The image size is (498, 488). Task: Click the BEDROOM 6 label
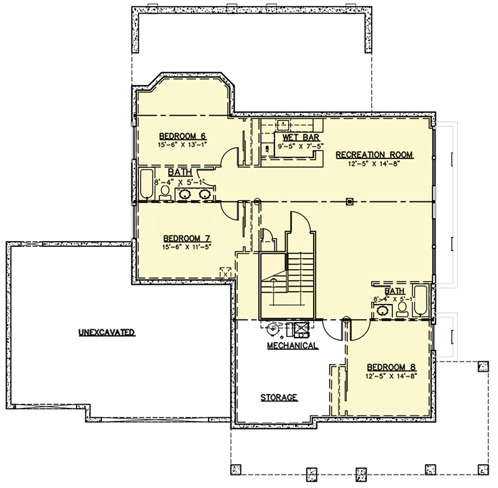pyautogui.click(x=182, y=136)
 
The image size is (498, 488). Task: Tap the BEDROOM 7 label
pyautogui.click(x=186, y=238)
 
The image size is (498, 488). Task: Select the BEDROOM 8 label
pyautogui.click(x=390, y=367)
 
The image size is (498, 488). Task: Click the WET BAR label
pyautogui.click(x=298, y=137)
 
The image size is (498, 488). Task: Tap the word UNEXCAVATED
pyautogui.click(x=107, y=333)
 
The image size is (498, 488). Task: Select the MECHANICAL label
pyautogui.click(x=293, y=345)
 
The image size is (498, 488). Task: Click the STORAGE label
pyautogui.click(x=278, y=397)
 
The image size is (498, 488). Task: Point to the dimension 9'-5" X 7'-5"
pyautogui.click(x=298, y=147)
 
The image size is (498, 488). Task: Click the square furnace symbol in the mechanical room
pyautogui.click(x=301, y=328)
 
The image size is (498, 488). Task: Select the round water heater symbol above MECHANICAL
pyautogui.click(x=273, y=328)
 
